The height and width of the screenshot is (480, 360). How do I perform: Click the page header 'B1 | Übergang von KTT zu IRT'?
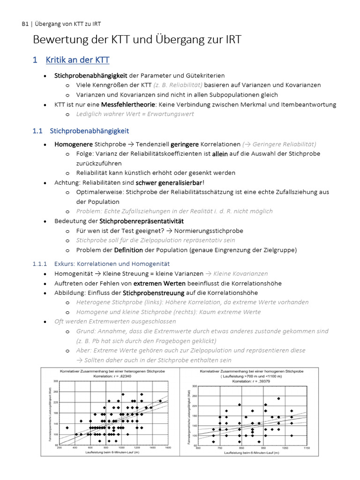click(61, 24)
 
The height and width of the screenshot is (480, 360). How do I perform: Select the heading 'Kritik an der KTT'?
click(77, 60)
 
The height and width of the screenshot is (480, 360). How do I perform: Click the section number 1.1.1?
click(40, 264)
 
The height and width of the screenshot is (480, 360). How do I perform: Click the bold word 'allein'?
click(220, 154)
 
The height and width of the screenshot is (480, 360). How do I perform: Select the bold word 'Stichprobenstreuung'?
click(153, 293)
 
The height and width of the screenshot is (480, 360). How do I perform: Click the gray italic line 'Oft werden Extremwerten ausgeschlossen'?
click(115, 322)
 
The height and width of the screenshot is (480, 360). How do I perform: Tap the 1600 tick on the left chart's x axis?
click(168, 448)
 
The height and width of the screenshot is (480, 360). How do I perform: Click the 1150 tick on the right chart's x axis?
click(307, 448)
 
